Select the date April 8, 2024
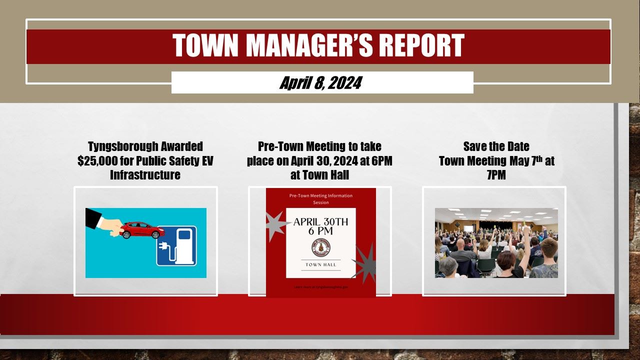click(x=320, y=83)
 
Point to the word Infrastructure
click(x=145, y=175)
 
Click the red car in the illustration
click(x=143, y=230)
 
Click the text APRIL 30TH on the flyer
click(x=320, y=221)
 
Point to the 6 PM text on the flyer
click(x=320, y=231)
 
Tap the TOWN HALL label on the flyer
click(x=320, y=264)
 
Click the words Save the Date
click(x=496, y=146)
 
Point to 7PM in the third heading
click(x=496, y=175)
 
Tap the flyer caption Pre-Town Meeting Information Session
click(x=320, y=198)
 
